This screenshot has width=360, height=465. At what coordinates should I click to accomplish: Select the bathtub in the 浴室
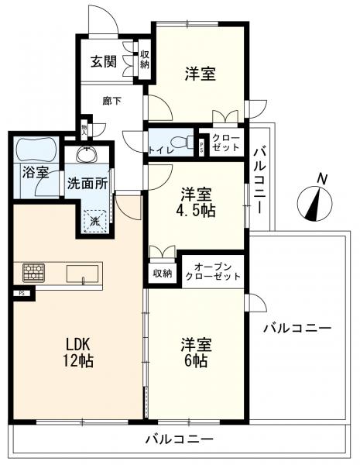click(36, 150)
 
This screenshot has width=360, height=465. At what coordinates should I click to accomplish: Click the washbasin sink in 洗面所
click(87, 154)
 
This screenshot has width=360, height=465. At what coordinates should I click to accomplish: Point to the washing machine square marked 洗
click(94, 220)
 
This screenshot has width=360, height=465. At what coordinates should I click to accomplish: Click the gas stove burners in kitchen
click(34, 272)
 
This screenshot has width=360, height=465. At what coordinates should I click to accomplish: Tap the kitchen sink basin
click(82, 274)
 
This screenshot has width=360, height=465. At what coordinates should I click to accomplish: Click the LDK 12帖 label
click(77, 353)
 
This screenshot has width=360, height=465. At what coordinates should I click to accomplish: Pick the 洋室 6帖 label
click(196, 353)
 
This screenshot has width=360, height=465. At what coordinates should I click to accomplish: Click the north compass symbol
click(314, 203)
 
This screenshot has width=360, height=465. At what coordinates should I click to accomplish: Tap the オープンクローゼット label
click(212, 272)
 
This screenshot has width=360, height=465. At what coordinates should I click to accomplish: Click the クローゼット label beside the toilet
click(226, 143)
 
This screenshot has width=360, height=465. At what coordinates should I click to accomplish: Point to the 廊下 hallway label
click(111, 101)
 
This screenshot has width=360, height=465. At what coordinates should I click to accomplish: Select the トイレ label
click(160, 150)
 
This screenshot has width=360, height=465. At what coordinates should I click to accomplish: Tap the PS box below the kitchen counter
click(22, 294)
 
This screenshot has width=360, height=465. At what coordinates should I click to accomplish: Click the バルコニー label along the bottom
click(180, 439)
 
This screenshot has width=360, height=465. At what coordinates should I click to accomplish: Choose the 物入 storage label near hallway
click(84, 129)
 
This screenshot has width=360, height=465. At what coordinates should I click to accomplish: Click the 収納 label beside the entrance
click(145, 60)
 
